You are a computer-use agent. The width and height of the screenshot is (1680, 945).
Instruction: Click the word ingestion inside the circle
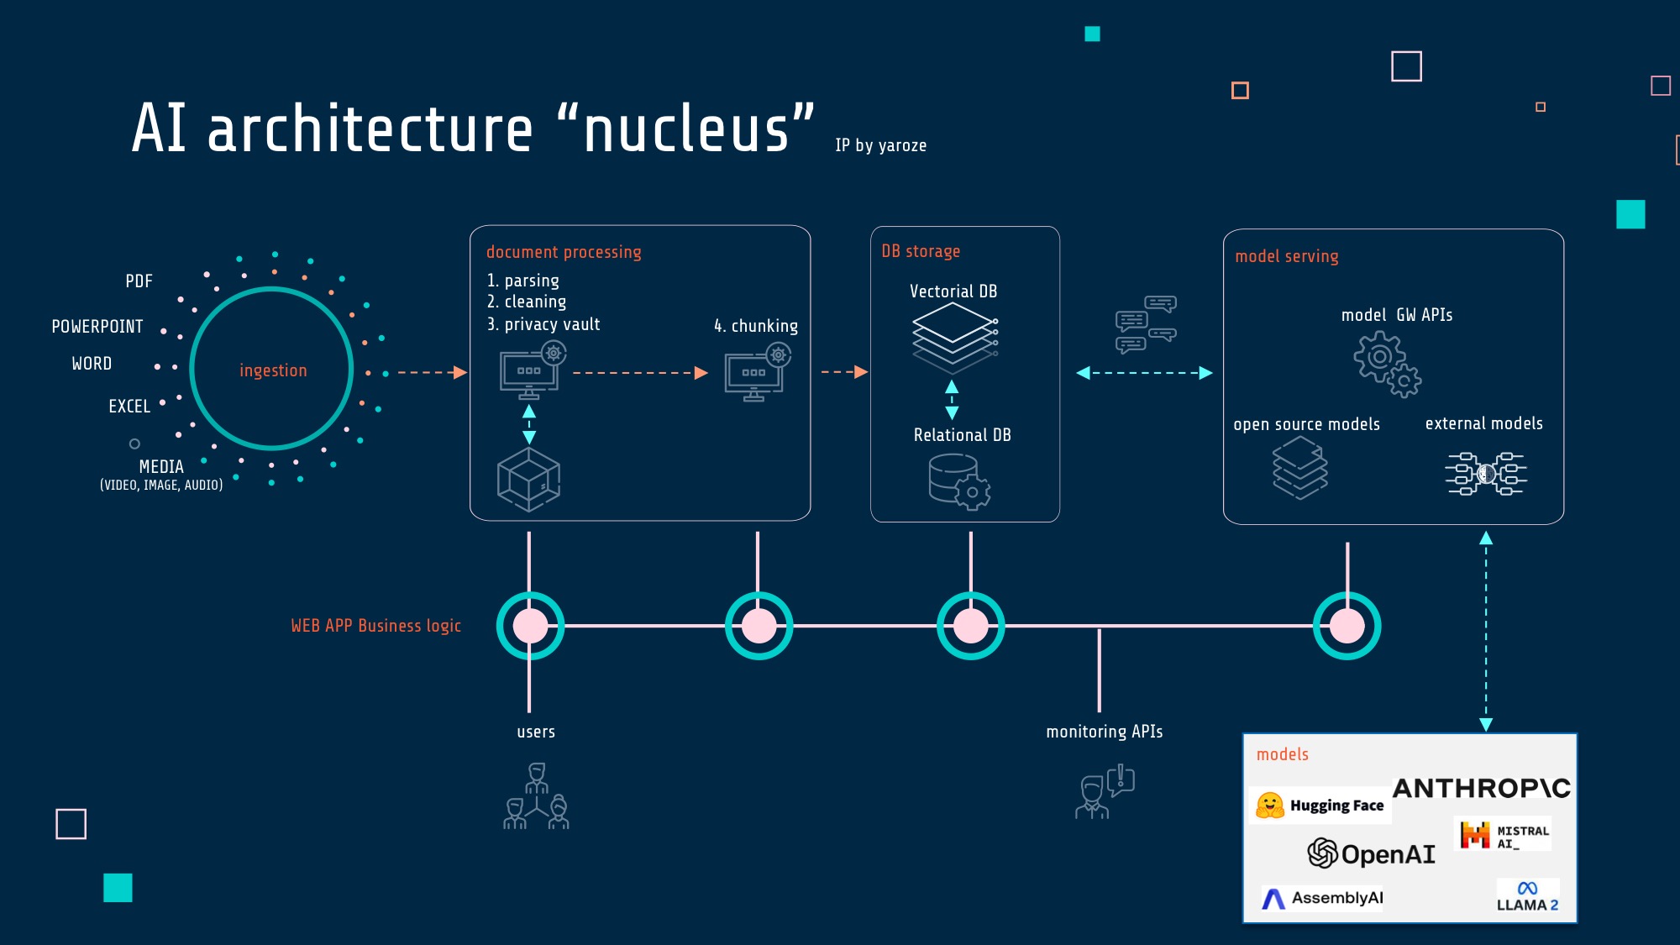[x=273, y=370]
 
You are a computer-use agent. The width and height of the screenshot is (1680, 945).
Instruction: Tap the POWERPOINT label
[x=97, y=327]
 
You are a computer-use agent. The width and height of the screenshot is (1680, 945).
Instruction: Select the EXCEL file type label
[x=129, y=407]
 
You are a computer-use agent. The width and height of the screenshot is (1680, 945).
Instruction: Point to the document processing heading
[x=564, y=252]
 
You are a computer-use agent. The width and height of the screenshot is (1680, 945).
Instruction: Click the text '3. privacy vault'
[x=543, y=324]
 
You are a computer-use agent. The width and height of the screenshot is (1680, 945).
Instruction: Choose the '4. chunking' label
[x=756, y=326]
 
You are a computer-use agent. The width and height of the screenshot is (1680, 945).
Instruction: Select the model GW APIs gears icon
[x=1387, y=364]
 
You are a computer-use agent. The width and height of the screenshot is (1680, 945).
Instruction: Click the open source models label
[x=1306, y=424]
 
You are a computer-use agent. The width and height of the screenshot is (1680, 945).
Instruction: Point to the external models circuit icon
[x=1486, y=474]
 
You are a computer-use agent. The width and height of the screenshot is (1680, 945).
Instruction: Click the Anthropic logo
[x=1482, y=788]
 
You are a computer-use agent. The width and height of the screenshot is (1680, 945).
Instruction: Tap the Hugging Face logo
[x=1320, y=806]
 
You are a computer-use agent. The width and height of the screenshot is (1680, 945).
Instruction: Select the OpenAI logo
[x=1371, y=853]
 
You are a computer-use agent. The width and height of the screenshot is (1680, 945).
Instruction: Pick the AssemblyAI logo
[x=1322, y=898]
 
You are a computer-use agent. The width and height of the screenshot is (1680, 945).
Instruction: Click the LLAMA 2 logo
[x=1528, y=896]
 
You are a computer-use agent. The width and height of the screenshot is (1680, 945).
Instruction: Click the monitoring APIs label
[x=1105, y=732]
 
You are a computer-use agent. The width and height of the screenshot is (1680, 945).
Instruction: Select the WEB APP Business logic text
[x=376, y=626]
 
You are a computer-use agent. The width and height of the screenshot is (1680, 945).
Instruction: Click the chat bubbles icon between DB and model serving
[x=1146, y=323]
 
